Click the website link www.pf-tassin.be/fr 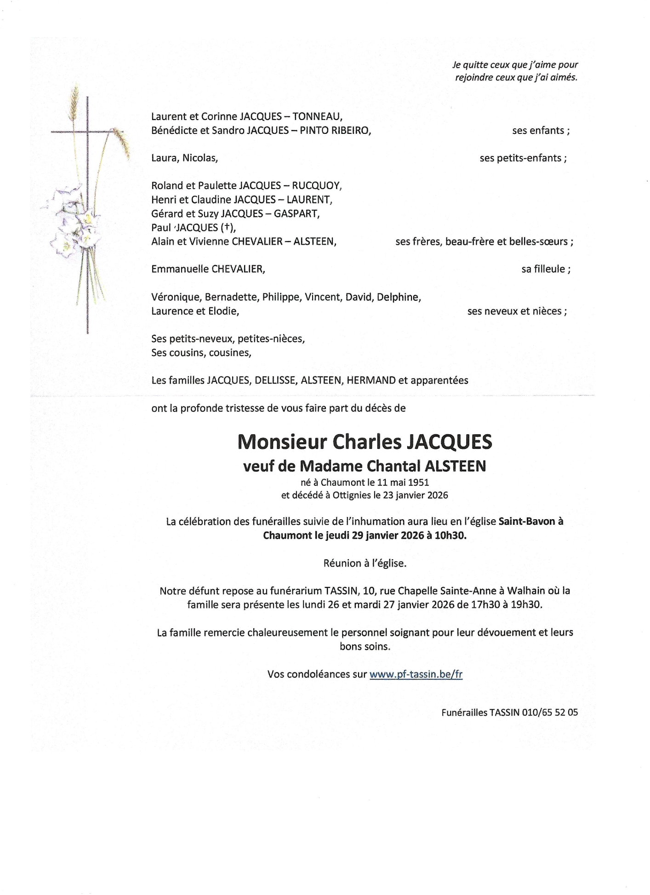[x=416, y=674]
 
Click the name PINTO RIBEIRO [x=335, y=131]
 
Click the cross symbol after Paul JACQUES [x=226, y=227]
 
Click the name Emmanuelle [x=179, y=269]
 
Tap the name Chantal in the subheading [x=399, y=466]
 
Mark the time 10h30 [x=450, y=536]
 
